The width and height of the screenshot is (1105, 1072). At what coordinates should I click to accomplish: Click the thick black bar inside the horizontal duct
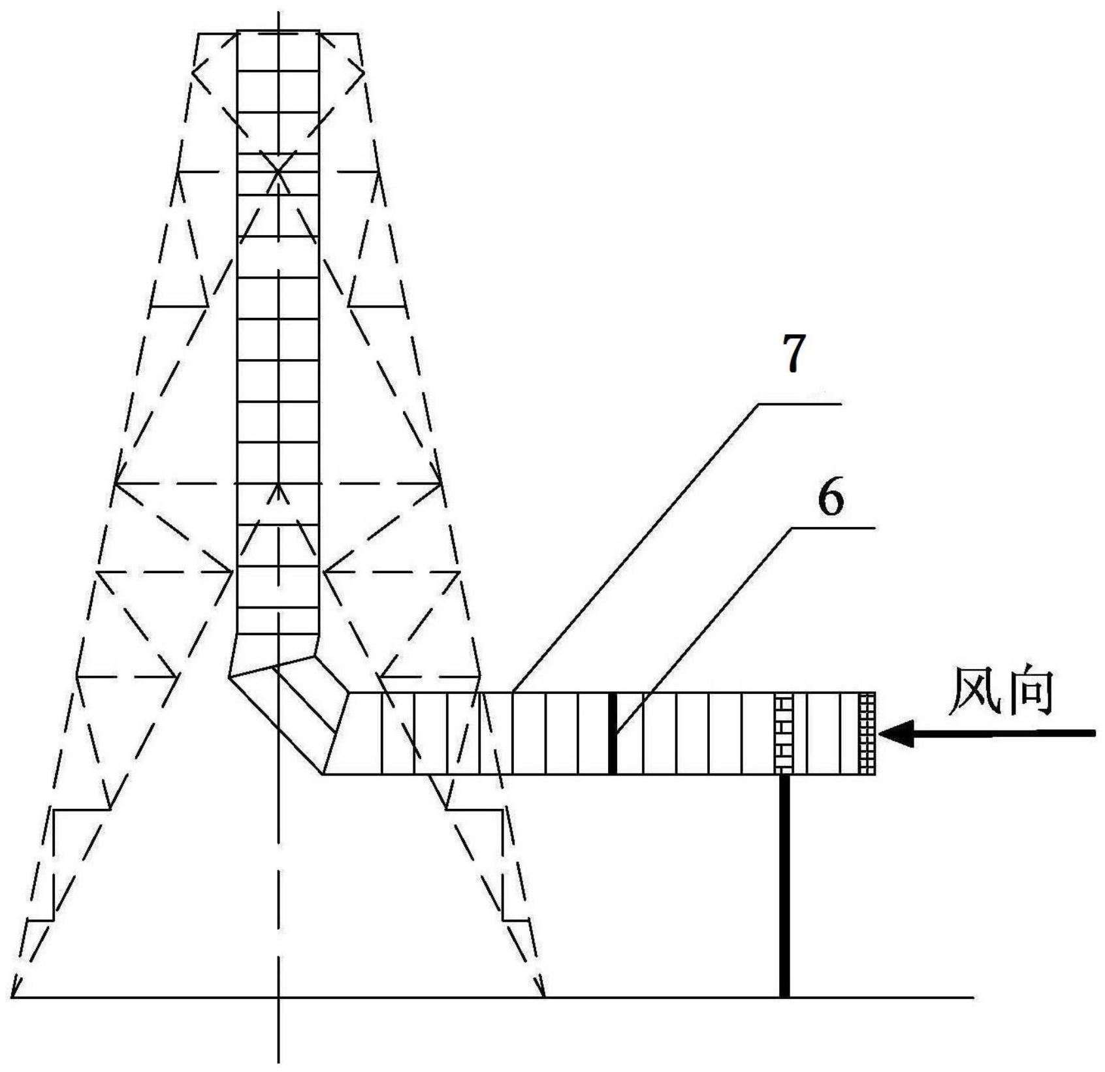[613, 733]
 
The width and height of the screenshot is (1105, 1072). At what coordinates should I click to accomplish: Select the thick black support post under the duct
[784, 886]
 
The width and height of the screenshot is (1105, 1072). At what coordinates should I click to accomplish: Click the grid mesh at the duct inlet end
[867, 733]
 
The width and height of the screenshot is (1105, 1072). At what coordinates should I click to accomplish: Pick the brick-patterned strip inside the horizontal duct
[784, 733]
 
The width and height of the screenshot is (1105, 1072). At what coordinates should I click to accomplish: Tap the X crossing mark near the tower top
[279, 172]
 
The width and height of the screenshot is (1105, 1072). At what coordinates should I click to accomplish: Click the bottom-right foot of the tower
[544, 996]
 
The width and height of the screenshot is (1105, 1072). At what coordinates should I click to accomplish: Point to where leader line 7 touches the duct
[513, 692]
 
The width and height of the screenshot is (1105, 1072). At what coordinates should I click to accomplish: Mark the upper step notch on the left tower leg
[82, 810]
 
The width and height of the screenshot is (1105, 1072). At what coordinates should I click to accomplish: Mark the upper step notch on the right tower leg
[475, 810]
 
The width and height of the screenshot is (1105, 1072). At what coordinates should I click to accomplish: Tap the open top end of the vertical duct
[279, 31]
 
